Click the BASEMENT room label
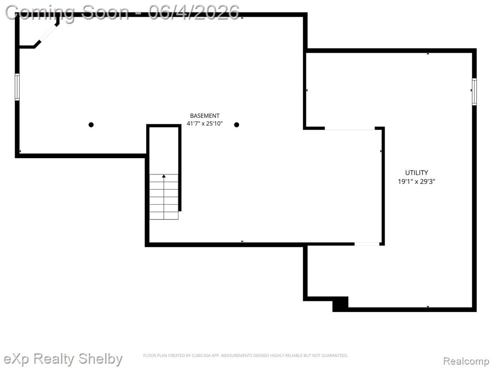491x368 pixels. pos(205,116)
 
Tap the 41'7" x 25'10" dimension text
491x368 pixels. pos(205,124)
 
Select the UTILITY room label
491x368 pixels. pos(417,172)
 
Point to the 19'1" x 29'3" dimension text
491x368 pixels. pos(417,182)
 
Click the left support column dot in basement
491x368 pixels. pos(91,125)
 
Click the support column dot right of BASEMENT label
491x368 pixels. pos(237,125)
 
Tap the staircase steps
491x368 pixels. pos(164,197)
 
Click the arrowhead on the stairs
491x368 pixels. pos(164,176)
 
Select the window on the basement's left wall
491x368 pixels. pos(17,87)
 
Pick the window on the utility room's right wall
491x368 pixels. pos(474,92)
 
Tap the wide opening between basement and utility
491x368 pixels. pos(350,128)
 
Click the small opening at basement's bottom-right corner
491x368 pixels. pos(367,244)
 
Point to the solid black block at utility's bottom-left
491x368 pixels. pos(340,304)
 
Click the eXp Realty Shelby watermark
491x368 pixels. pos(63,359)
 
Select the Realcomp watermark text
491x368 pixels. pos(466,361)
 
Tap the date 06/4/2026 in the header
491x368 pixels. pos(194,12)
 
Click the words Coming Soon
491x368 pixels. pos(67,13)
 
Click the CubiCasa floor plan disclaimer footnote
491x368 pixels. pos(245,356)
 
